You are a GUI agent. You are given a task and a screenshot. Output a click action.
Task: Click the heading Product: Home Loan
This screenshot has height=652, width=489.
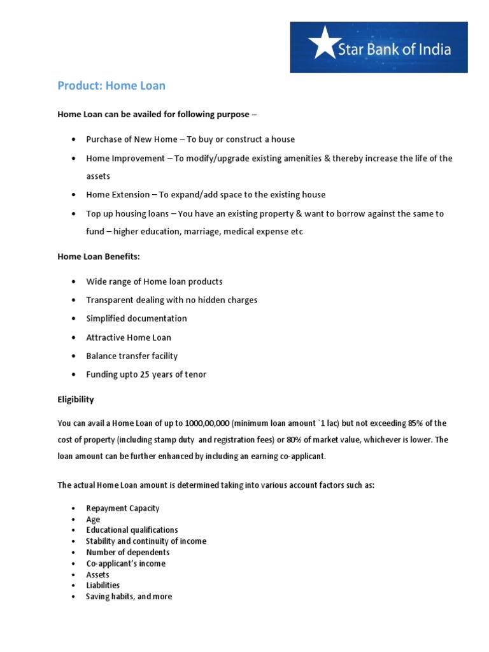click(111, 85)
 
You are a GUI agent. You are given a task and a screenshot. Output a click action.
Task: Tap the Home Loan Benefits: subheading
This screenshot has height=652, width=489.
click(99, 255)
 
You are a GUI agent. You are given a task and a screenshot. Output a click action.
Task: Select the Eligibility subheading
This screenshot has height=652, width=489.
click(76, 399)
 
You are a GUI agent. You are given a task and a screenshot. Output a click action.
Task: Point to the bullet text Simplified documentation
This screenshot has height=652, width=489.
click(136, 318)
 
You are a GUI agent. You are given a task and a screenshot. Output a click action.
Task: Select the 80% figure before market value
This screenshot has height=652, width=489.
click(285, 440)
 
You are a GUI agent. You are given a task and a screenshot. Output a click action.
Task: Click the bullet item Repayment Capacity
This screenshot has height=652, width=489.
click(123, 508)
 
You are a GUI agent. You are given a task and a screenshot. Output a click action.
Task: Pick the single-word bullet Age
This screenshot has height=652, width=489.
click(93, 520)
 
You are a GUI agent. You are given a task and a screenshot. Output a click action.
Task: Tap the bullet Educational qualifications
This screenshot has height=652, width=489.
click(132, 530)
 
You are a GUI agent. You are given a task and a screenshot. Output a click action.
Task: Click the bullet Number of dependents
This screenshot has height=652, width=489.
click(127, 552)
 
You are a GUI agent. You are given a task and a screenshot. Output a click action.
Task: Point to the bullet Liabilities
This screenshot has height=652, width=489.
click(103, 585)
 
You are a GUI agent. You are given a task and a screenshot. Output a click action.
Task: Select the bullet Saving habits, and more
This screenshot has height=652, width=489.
click(129, 597)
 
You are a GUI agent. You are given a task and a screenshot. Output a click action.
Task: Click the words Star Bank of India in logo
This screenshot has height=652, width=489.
click(394, 49)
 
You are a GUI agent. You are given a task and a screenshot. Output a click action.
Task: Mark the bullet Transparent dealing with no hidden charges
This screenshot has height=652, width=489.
click(171, 300)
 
